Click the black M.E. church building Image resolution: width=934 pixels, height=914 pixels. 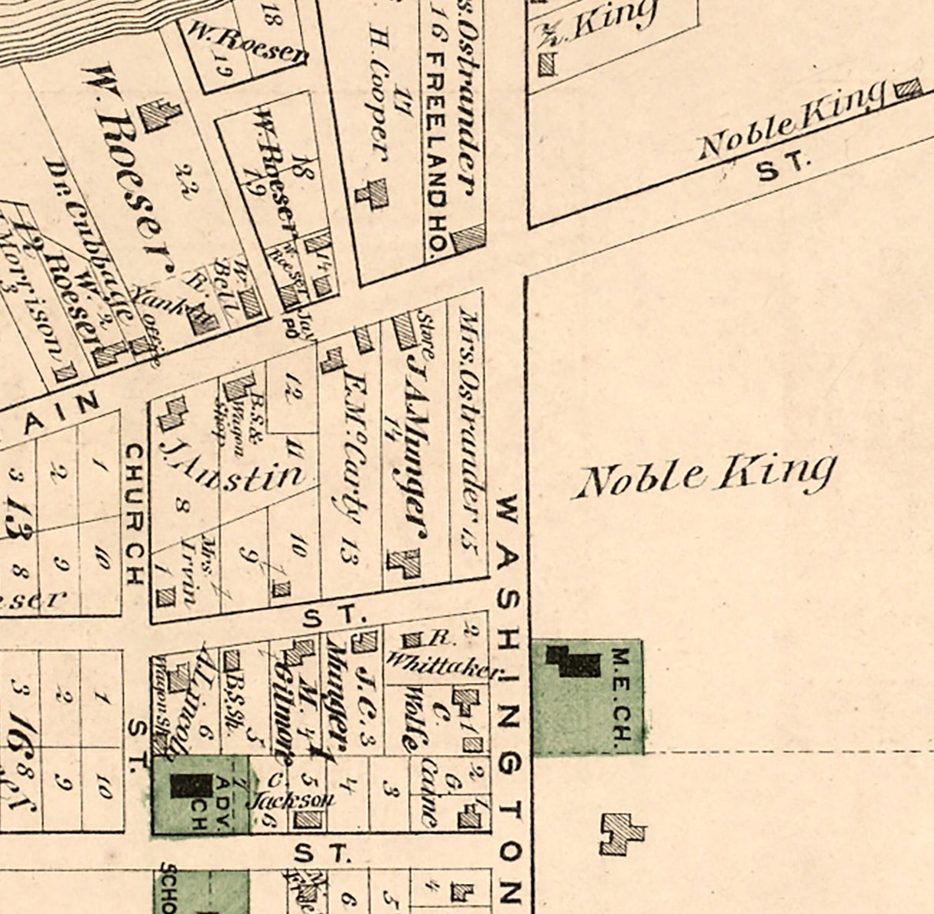[573, 661]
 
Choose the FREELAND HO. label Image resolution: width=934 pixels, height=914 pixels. [437, 155]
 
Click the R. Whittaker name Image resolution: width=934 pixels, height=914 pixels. [442, 658]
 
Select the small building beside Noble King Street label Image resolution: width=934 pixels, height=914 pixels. [909, 89]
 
